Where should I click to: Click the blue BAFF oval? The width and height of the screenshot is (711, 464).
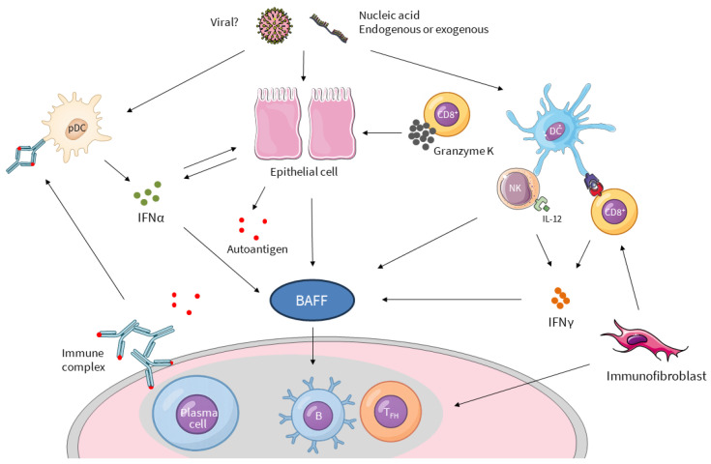pos(311,301)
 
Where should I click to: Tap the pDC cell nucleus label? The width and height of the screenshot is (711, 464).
pos(76,129)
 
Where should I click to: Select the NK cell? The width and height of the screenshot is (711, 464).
pos(518,188)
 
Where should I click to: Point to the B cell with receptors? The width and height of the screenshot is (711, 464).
pos(318,414)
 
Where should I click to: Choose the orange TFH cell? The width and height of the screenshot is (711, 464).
pos(391,412)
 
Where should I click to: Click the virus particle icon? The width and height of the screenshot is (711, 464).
pos(275,25)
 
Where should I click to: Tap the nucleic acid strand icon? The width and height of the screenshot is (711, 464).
pos(329,28)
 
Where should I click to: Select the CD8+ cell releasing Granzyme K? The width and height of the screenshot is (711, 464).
pos(447,115)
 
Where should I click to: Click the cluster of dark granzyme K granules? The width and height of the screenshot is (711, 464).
pos(422,134)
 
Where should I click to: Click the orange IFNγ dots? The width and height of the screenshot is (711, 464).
pos(560,298)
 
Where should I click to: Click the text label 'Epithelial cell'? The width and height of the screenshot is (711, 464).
pos(304,172)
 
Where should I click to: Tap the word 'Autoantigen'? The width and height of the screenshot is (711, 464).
pos(257,249)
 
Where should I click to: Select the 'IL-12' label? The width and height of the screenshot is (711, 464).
pos(552,218)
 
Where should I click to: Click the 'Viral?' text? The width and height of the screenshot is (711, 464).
pos(224,22)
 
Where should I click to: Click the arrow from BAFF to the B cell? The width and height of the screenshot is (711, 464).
pos(312,346)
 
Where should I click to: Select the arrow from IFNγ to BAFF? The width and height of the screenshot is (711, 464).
pos(452,299)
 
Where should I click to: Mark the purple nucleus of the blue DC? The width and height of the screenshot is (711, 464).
pos(555,131)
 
